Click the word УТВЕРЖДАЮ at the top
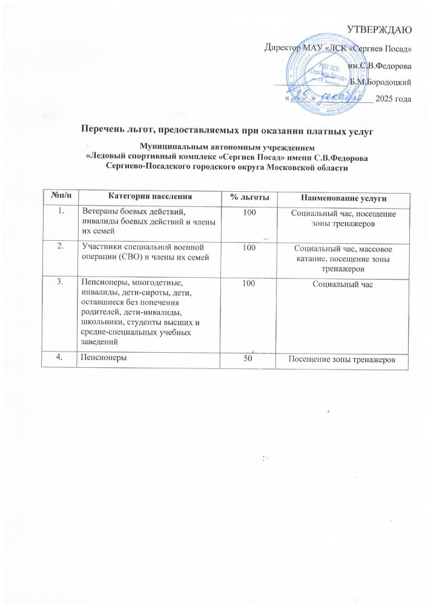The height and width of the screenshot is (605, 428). [383, 29]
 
